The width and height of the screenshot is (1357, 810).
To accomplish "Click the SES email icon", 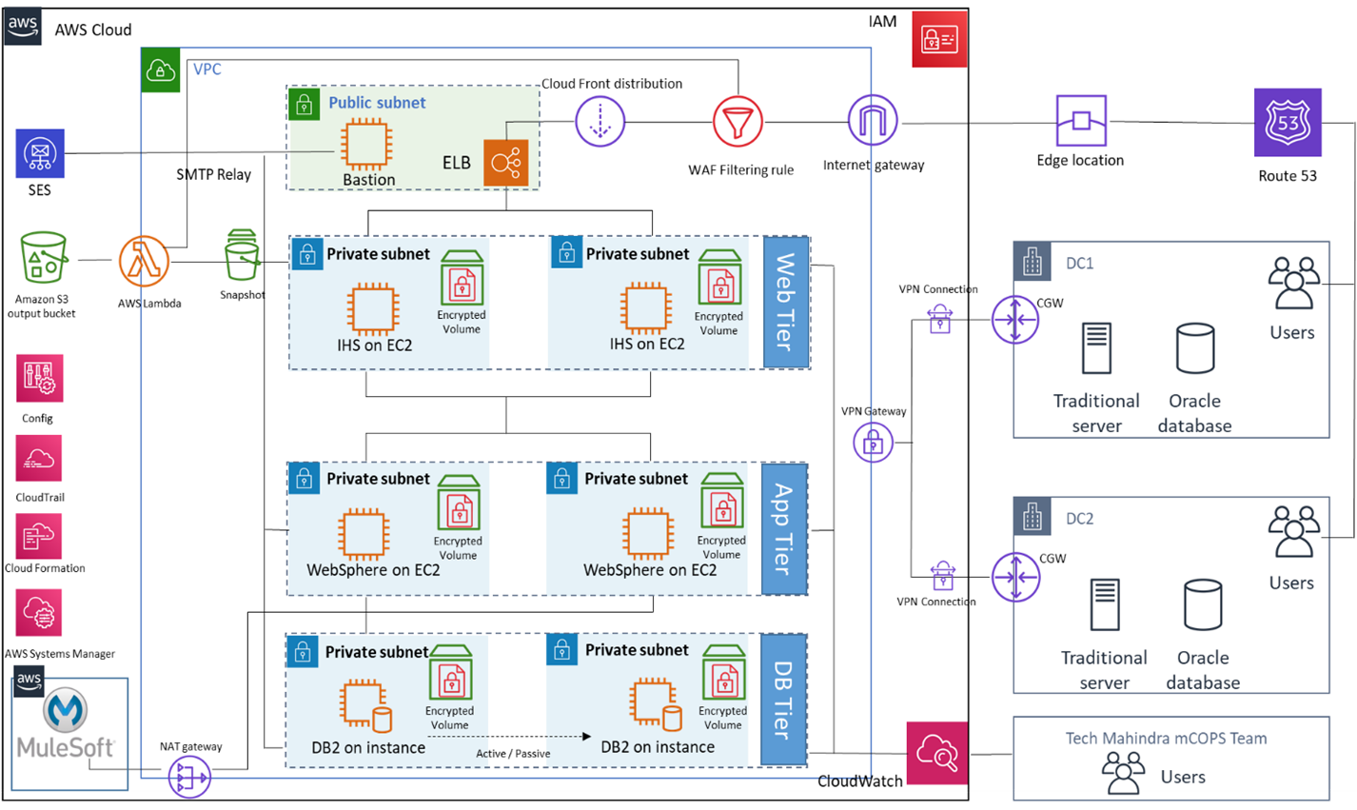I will tap(40, 153).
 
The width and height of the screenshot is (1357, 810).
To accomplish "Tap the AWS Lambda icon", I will tap(144, 262).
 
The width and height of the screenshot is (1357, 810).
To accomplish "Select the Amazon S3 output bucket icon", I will tap(44, 258).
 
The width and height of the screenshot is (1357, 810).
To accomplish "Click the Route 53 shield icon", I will tap(1288, 123).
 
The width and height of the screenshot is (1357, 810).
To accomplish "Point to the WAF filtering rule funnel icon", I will tap(738, 122).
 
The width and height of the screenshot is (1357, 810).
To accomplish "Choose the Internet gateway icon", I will tap(873, 121).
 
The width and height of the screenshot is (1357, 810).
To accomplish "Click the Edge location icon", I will tap(1081, 121).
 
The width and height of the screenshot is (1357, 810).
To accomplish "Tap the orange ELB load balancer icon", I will tap(505, 163).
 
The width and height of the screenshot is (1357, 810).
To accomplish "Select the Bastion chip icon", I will tap(366, 145).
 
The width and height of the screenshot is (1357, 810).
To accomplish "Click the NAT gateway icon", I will tap(189, 777).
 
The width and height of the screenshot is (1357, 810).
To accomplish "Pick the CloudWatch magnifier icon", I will tap(936, 753).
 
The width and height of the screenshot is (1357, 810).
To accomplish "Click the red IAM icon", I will tap(939, 39).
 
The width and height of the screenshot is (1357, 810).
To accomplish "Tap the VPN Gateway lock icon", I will tap(873, 443).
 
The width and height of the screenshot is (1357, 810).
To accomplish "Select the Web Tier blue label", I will tap(786, 302).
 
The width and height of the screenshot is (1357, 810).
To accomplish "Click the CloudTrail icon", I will tap(39, 460).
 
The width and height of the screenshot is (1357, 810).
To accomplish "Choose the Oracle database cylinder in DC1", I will tap(1195, 348).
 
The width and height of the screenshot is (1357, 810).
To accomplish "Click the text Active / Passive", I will tap(513, 754).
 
